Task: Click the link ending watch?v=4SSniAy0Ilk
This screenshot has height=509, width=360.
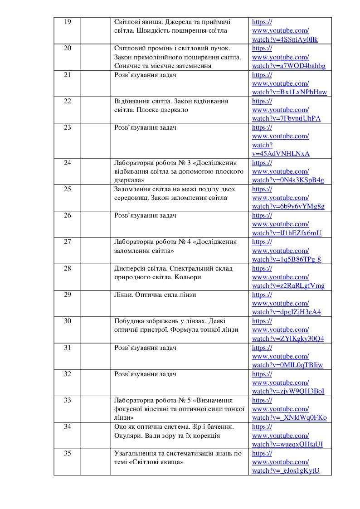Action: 285,39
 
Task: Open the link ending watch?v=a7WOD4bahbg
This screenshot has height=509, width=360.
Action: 288,66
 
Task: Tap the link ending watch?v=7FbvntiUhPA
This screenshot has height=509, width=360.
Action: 286,119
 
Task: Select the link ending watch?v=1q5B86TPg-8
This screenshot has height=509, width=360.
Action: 287,259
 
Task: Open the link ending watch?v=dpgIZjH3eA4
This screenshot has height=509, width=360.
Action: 287,312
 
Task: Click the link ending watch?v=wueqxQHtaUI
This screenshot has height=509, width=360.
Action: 287,444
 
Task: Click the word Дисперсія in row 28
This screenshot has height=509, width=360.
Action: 130,268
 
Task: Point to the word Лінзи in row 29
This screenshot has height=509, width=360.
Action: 123,295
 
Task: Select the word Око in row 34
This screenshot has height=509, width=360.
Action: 120,427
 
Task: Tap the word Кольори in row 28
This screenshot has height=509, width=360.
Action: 189,277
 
